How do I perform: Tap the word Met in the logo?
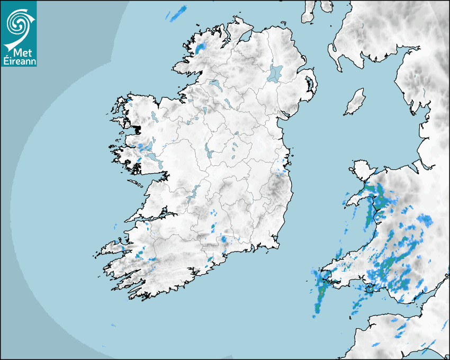pyautogui.click(x=19, y=53)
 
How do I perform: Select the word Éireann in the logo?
pyautogui.click(x=19, y=61)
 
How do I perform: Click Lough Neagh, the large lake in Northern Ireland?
pyautogui.click(x=276, y=73)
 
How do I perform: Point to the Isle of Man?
pyautogui.click(x=355, y=102)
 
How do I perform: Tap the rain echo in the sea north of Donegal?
pyautogui.click(x=178, y=15)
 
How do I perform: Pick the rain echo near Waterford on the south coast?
pyautogui.click(x=224, y=239)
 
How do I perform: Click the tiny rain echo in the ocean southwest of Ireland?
pyautogui.click(x=113, y=325)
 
